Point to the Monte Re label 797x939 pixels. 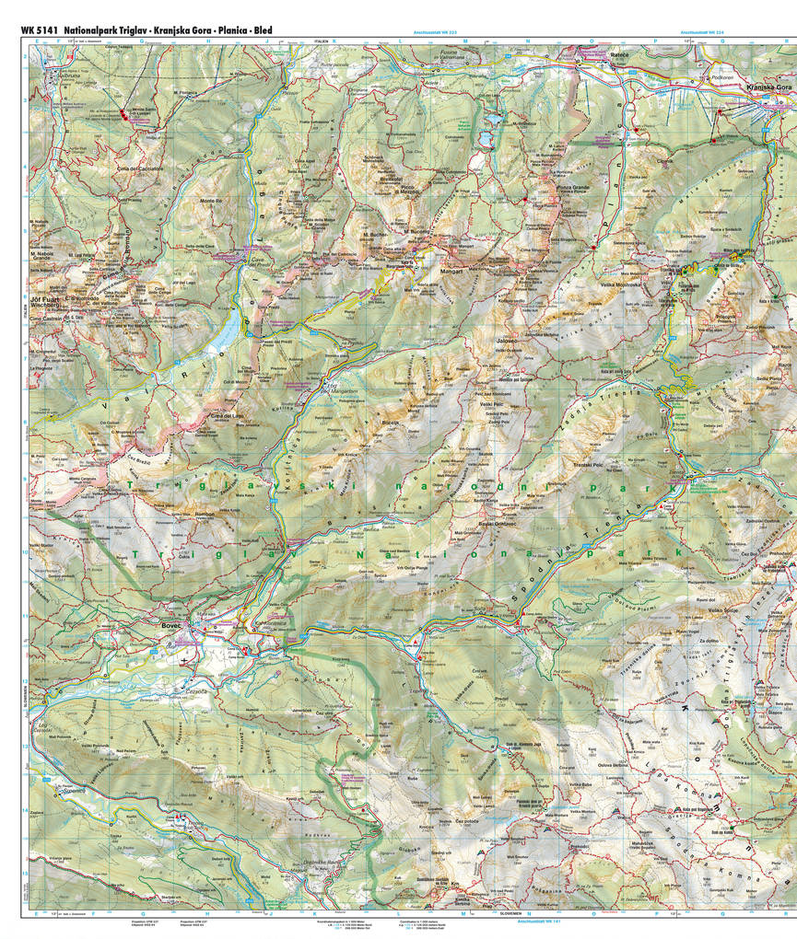[x=212, y=201]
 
